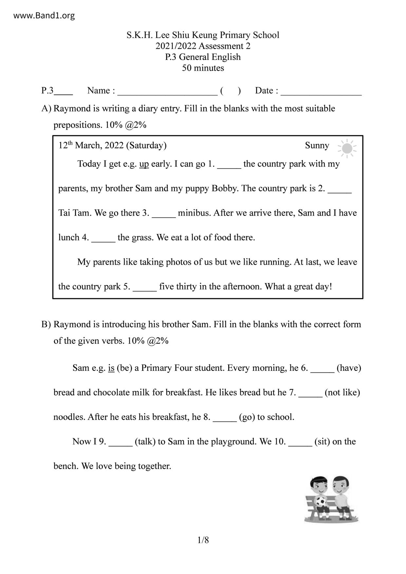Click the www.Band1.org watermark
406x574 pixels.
[44, 15]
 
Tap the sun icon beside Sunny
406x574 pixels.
[347, 149]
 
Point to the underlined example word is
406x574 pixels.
[111, 368]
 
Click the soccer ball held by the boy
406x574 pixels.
[321, 501]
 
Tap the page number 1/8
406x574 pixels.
[203, 540]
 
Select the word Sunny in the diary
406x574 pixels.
[317, 146]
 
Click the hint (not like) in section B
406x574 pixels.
[342, 392]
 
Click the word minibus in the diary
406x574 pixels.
[194, 213]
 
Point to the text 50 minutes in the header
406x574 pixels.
[203, 68]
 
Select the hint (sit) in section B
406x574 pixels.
[322, 441]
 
